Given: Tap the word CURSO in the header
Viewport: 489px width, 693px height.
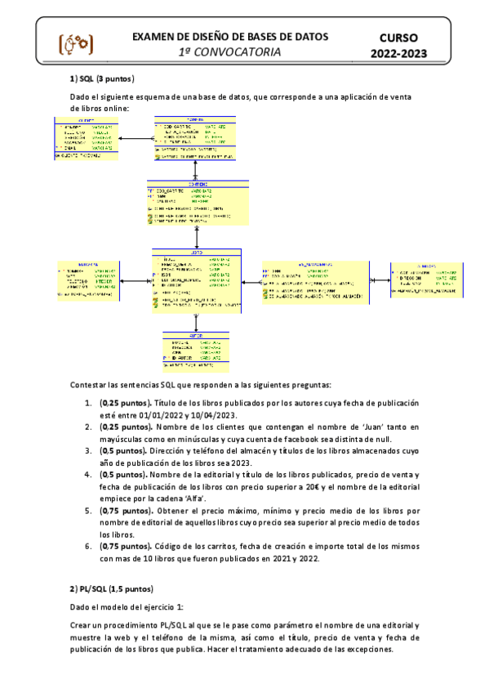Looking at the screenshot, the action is pyautogui.click(x=399, y=38).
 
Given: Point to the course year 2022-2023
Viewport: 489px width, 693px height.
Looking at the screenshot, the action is pyautogui.click(x=399, y=54).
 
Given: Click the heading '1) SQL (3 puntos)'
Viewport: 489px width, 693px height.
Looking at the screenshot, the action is pyautogui.click(x=102, y=78).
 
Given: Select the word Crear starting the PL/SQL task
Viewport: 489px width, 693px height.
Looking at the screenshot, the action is pyautogui.click(x=82, y=624).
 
